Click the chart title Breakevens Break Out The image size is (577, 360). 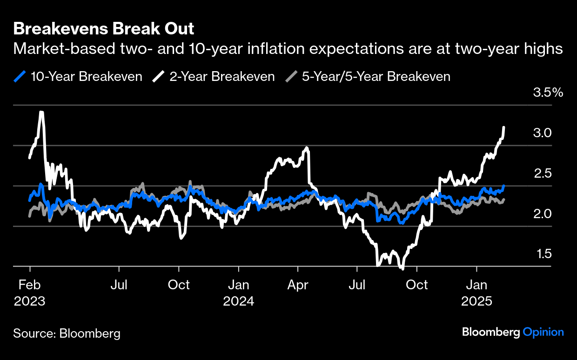(104, 29)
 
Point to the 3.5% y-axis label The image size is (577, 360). (548, 93)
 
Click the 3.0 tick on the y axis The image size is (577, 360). (542, 133)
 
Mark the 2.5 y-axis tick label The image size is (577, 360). (542, 173)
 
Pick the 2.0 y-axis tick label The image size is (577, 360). (542, 214)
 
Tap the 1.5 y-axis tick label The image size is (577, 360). (542, 254)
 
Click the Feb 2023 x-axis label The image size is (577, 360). (29, 293)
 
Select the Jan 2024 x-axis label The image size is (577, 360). (239, 293)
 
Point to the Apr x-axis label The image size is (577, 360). (298, 285)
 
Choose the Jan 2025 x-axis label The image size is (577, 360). (476, 293)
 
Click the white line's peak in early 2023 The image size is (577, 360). (42, 112)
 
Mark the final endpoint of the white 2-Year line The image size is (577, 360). (504, 127)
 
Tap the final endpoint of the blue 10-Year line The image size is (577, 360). (504, 186)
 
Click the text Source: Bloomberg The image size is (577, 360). (67, 333)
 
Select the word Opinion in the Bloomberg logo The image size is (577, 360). (543, 332)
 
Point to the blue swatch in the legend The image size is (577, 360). (20, 76)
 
